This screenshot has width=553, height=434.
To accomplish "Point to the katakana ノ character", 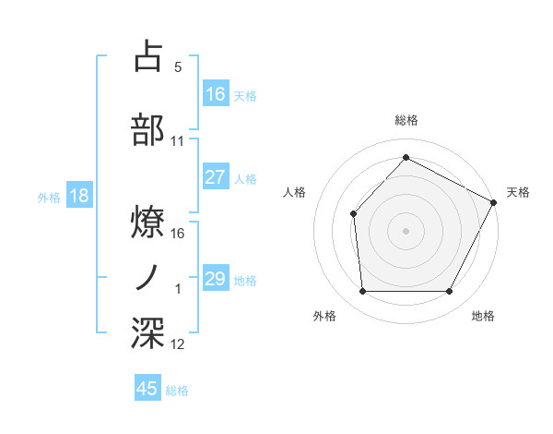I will [148, 277].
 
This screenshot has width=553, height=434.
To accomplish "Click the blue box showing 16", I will [215, 94].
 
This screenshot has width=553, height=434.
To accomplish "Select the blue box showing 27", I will [215, 177].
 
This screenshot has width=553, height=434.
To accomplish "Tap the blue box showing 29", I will [215, 279].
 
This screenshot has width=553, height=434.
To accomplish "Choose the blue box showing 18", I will [78, 196].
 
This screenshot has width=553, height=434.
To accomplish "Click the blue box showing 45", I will [147, 389].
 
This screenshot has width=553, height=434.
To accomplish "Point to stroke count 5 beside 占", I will [177, 66].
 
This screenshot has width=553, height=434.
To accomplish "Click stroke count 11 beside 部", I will [178, 141].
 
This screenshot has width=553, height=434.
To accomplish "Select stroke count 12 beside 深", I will [178, 344].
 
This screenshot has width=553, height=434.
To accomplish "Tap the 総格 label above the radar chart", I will [406, 120].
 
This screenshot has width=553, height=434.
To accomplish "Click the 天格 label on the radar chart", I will [518, 192].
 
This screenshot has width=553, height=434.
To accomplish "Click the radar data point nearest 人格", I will [353, 214].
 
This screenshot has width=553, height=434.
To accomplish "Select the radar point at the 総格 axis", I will [406, 158].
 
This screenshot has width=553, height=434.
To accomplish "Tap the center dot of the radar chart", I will [406, 230].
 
